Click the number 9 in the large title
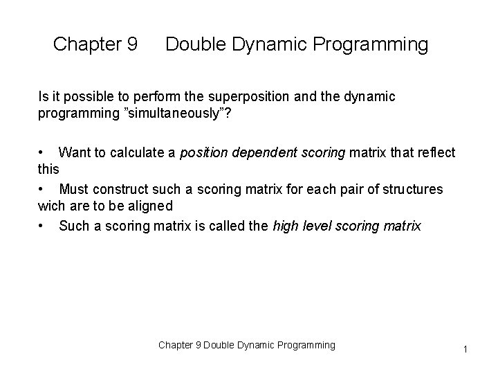click(131, 45)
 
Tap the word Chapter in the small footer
click(176, 345)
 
